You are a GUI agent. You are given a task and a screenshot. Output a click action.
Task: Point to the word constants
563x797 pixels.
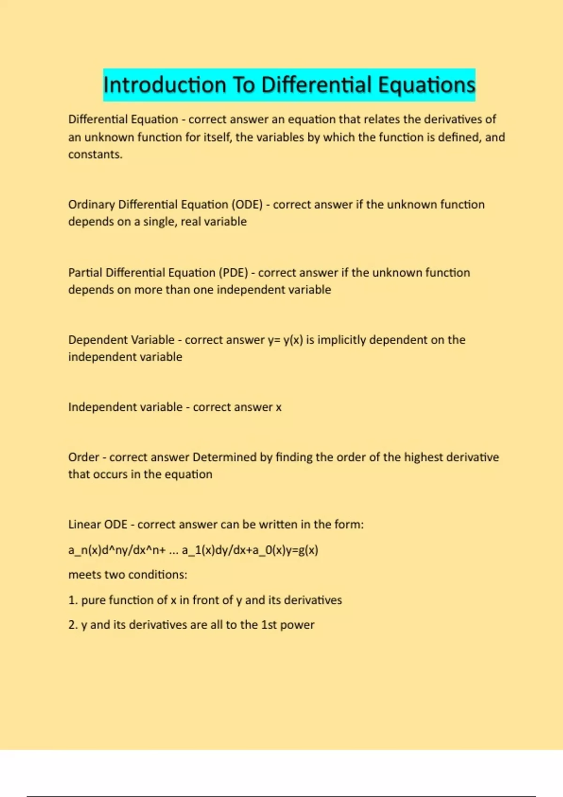(95, 154)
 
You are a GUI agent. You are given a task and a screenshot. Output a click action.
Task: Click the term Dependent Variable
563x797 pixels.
(121, 339)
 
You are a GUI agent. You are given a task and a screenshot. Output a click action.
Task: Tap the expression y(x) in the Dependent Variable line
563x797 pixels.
(293, 339)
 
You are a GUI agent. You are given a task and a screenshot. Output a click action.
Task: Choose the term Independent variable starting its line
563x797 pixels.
(125, 407)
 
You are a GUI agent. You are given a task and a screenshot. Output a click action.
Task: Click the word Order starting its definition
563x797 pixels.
(84, 457)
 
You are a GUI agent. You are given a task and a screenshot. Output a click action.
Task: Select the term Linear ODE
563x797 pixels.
(98, 524)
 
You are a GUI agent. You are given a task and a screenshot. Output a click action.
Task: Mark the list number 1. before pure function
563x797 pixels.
(73, 600)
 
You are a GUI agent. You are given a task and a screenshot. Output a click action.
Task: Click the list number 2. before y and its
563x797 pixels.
(73, 625)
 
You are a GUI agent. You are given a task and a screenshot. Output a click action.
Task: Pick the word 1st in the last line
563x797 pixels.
(269, 625)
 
